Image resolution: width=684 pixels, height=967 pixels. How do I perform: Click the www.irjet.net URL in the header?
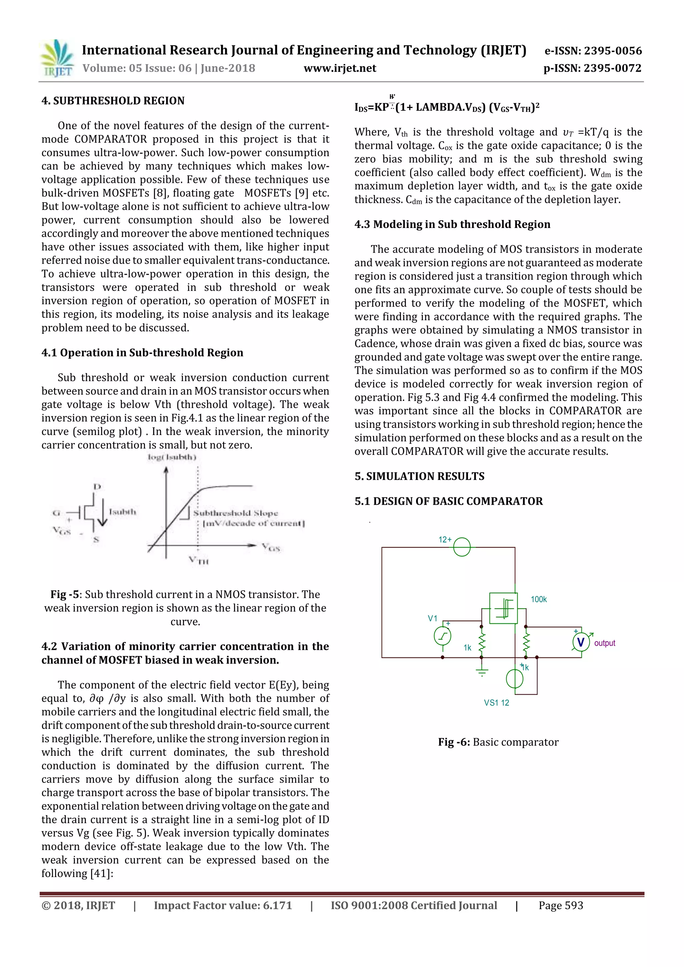[340, 68]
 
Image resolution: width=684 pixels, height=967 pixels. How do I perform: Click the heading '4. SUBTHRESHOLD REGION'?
[113, 101]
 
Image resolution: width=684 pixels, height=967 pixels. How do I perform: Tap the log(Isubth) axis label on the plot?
[172, 457]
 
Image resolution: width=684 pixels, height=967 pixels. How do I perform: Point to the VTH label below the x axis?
[198, 560]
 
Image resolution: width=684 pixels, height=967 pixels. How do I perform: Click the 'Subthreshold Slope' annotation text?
[235, 513]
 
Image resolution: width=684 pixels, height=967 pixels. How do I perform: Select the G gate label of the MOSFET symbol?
[56, 513]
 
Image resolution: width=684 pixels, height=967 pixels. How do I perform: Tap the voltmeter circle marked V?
[581, 642]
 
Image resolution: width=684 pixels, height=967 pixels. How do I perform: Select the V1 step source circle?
[442, 636]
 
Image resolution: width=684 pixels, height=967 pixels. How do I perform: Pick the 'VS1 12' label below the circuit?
[496, 703]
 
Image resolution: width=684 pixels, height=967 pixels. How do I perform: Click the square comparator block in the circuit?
[503, 608]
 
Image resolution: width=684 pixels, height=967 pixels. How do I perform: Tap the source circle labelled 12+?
[462, 547]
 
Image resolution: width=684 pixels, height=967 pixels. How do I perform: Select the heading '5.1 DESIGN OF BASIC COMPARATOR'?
[449, 501]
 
